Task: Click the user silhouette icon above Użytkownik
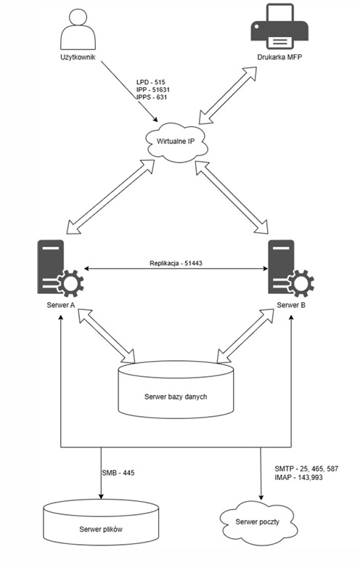click(78, 30)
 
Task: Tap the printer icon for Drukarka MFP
click(279, 26)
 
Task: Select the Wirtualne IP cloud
click(177, 142)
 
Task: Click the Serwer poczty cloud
click(258, 521)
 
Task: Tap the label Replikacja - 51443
click(176, 264)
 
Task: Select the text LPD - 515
click(150, 82)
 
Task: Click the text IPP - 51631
click(153, 90)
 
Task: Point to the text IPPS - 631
click(152, 97)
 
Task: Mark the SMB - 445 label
click(118, 473)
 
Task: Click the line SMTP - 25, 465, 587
click(306, 469)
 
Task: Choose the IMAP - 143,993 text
click(298, 477)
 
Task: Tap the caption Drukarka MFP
click(279, 57)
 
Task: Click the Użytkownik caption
click(78, 57)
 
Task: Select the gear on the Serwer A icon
click(70, 282)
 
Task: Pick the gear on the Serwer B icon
click(301, 282)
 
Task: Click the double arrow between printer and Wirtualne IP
click(228, 95)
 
